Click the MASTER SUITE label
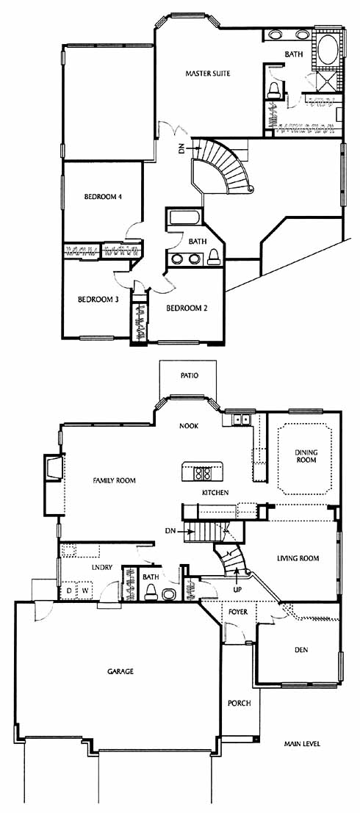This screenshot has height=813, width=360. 207,74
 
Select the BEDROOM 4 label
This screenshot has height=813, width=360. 103,197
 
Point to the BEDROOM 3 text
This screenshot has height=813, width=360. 96,299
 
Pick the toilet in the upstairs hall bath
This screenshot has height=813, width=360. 213,257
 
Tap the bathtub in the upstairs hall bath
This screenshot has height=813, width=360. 185,218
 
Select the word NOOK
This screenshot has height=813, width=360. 189,426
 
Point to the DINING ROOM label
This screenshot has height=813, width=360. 306,456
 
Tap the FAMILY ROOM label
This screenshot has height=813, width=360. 114,480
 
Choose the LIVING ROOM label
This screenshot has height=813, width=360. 298,558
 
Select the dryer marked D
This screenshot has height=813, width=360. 69,590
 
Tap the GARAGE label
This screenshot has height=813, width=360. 120,671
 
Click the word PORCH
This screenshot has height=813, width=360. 239,704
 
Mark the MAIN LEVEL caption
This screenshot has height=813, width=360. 302,744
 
